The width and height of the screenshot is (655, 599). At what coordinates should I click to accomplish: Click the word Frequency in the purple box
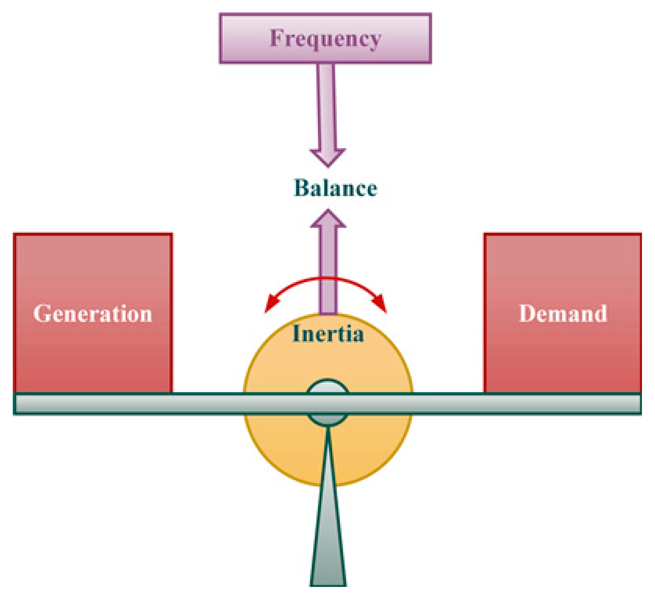[325, 39]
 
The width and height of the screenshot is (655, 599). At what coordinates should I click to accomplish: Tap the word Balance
[335, 188]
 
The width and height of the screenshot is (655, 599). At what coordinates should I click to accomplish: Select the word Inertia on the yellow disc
[328, 334]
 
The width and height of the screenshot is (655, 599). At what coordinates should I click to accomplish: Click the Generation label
[93, 314]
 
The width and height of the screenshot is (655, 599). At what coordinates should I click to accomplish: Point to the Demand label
[563, 314]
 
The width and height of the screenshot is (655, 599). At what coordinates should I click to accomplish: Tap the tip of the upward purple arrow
[328, 211]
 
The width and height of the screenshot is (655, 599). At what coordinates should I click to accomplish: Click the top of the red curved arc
[327, 278]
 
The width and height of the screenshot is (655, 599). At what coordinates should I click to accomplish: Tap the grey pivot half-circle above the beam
[327, 387]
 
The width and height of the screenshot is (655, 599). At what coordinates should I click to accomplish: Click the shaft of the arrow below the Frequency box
[326, 105]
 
